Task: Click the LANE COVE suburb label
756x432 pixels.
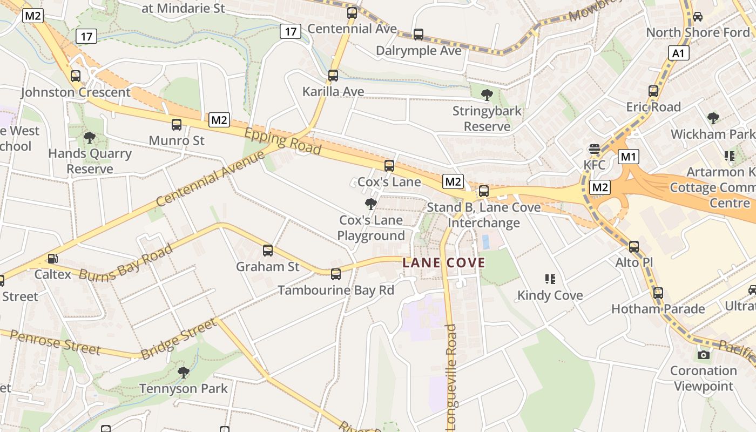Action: click(x=444, y=263)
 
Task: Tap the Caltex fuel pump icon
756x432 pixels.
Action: click(x=52, y=259)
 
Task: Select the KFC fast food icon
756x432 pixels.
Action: click(x=595, y=149)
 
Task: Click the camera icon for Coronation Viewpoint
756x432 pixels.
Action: click(x=703, y=355)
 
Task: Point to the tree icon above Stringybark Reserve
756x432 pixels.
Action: click(x=487, y=95)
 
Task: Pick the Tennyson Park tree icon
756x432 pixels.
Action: click(x=184, y=372)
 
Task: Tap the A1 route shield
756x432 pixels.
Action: click(x=678, y=53)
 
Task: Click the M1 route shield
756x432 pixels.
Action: click(x=629, y=157)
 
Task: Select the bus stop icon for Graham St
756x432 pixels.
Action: click(x=268, y=251)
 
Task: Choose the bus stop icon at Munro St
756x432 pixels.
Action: click(x=177, y=125)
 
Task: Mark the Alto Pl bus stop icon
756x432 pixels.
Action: click(x=634, y=247)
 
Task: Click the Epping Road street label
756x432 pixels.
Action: click(x=282, y=143)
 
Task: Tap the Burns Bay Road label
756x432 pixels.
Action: click(x=126, y=261)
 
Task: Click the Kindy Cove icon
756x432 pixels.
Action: click(x=550, y=279)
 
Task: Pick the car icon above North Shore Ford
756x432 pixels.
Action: click(x=698, y=17)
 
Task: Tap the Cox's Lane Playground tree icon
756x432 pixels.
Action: click(x=370, y=204)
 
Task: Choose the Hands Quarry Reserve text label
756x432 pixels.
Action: click(x=90, y=161)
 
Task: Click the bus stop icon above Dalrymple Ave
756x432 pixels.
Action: click(x=418, y=35)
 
